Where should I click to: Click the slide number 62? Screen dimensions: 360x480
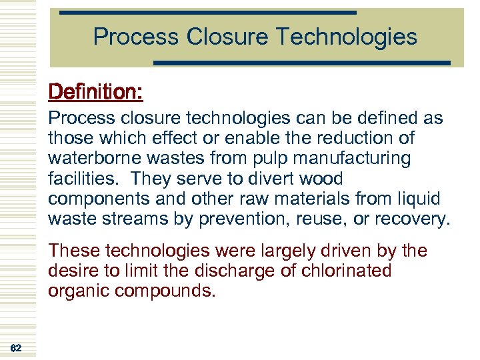(x=16, y=348)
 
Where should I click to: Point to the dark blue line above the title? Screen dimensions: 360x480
(x=208, y=13)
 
